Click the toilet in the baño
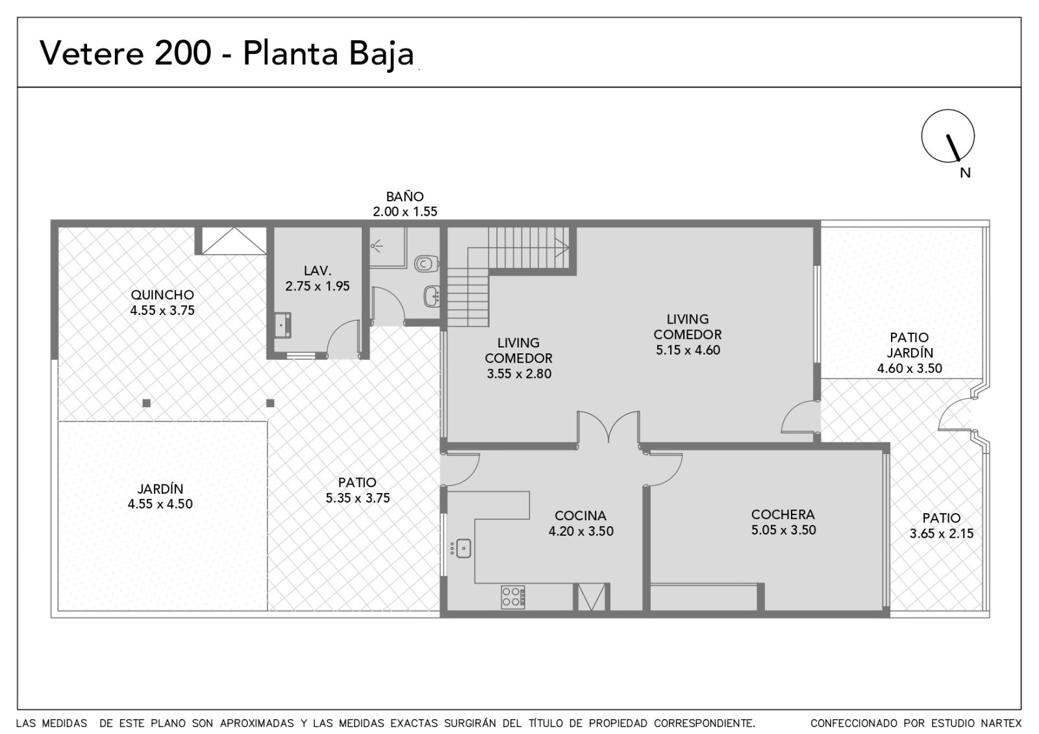pos(427,264)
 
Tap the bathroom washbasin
pos(431,296)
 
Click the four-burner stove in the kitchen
pos(512,597)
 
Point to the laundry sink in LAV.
pos(282,325)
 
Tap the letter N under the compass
pos(965,173)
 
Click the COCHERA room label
pos(783,514)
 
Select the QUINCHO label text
pos(162,295)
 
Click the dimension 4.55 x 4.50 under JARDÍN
pos(160,504)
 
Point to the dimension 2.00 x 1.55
pos(405,212)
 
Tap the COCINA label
pos(581,516)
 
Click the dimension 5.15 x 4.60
pos(688,350)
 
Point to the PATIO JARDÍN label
pos(910,345)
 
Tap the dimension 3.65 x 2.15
pos(941,533)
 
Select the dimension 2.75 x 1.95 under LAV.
pos(318,286)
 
